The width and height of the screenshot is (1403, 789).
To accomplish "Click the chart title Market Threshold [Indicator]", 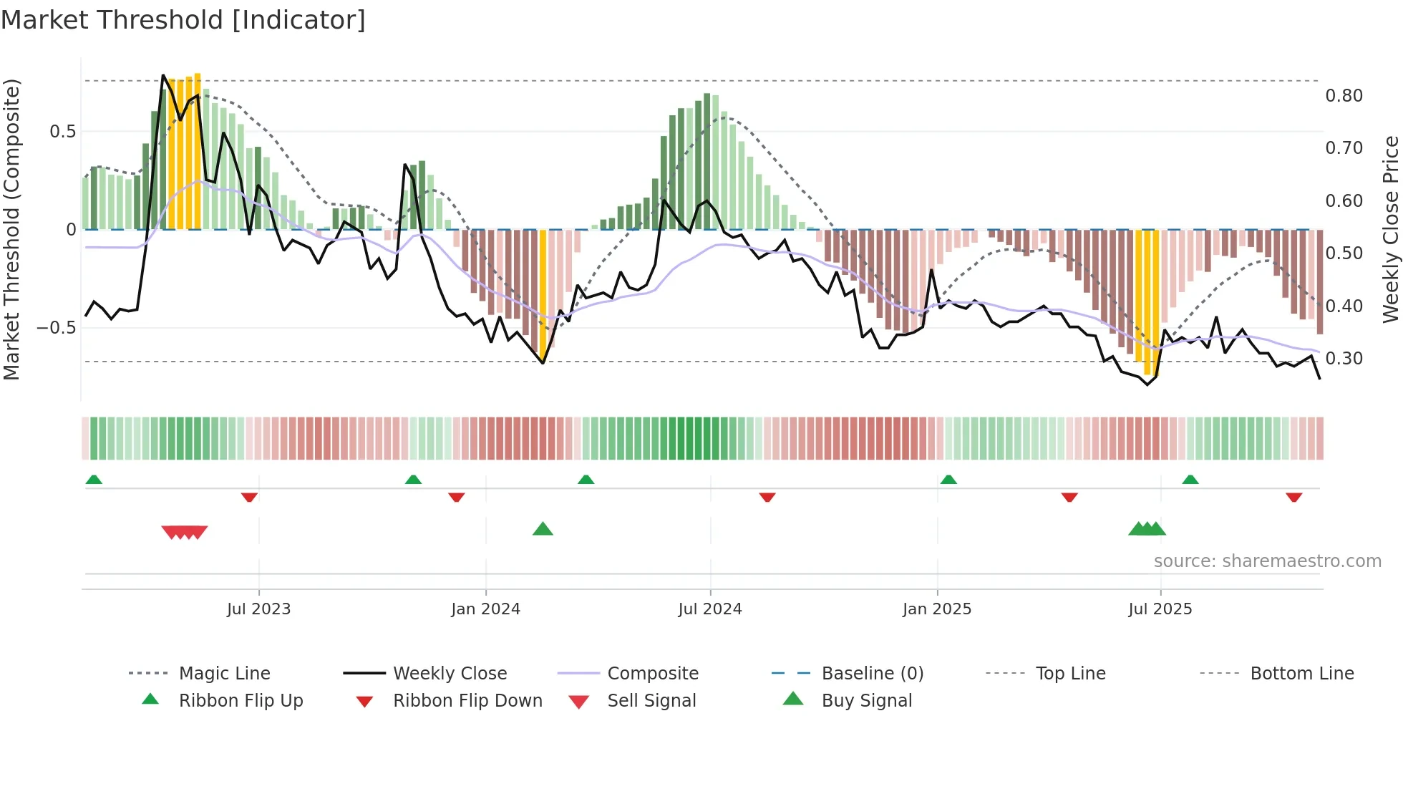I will (183, 20).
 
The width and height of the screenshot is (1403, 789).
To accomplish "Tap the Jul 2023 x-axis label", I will (258, 609).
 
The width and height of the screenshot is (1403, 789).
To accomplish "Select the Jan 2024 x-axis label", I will (485, 609).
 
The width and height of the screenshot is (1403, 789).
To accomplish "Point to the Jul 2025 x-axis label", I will (1160, 609).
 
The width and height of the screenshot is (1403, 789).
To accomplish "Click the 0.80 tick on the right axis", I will (1344, 96).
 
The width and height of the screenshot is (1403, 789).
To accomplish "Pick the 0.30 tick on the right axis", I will (1344, 359).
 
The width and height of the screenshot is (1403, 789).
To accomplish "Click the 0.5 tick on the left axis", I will (62, 132).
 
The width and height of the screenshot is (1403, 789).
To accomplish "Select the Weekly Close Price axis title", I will (1390, 229).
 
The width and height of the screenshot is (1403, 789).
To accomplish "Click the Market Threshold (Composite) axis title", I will (11, 229).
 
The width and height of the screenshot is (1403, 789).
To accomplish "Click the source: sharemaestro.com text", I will (1267, 561).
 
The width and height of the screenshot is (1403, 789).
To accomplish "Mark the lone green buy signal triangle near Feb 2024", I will (543, 529).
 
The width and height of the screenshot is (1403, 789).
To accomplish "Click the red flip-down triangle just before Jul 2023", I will (249, 497).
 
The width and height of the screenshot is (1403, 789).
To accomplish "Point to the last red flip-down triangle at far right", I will (1293, 497).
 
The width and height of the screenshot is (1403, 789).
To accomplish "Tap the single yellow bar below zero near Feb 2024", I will (543, 294).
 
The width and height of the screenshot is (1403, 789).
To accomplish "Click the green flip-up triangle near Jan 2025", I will (948, 479).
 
